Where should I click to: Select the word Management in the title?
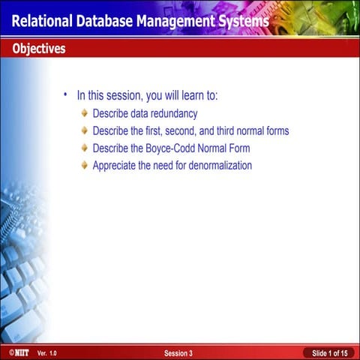click(x=175, y=20)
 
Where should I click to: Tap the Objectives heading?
click(x=38, y=49)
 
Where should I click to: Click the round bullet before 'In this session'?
click(x=65, y=95)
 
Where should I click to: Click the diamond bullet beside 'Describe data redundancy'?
click(x=84, y=113)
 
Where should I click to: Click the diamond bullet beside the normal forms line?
click(x=84, y=130)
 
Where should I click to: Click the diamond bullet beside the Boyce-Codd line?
click(x=84, y=148)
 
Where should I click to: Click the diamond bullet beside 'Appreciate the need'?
click(x=84, y=165)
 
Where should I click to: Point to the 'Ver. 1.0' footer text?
click(x=46, y=352)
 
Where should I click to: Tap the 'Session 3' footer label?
click(x=178, y=352)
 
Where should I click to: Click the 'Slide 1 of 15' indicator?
click(x=329, y=352)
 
